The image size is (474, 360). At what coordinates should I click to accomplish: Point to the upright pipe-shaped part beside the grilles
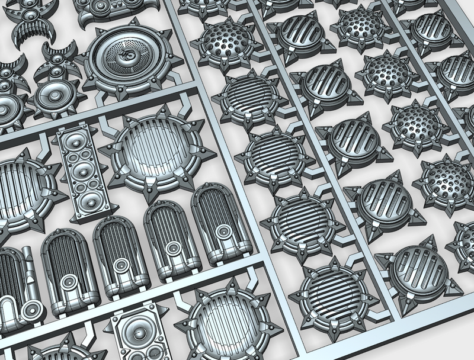[x=28, y=263]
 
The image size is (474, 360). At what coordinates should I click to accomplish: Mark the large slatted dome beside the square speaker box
[x=222, y=323]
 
